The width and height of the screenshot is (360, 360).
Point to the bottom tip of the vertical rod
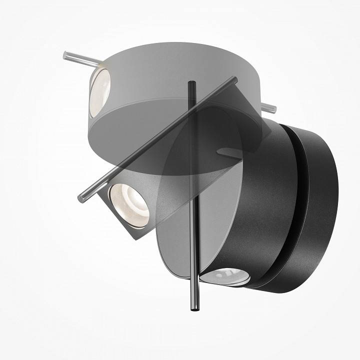(192, 310)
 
